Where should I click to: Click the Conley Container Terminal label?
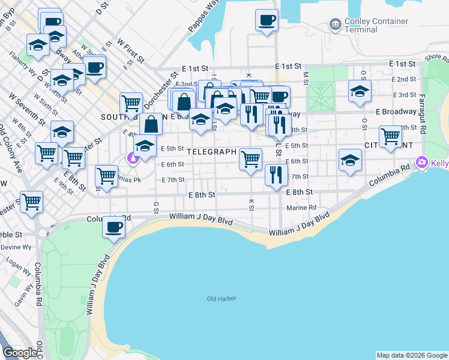coord(376,25)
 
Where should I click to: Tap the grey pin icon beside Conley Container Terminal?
coord(335,25)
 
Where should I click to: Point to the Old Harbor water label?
coord(221,298)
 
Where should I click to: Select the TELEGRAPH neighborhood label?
coord(211,152)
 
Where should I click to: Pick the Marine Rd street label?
coord(301,208)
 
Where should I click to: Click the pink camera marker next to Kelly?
coord(421,163)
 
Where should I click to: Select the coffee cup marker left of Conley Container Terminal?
coord(267,20)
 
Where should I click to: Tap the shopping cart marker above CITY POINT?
coord(390,137)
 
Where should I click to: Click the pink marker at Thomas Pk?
coord(131,158)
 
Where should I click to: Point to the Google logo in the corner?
coord(20,353)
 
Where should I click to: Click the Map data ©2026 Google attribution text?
coord(411,355)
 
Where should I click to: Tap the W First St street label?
coord(131,50)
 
